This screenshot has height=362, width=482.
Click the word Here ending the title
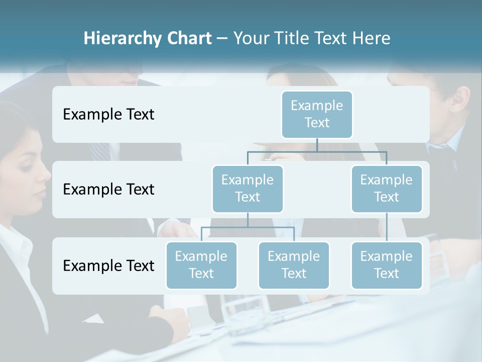(x=372, y=39)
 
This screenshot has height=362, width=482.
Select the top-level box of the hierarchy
(x=317, y=114)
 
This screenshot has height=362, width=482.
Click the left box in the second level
(x=248, y=189)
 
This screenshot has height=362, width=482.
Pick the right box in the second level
(x=387, y=189)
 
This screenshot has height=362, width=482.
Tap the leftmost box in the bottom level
(x=201, y=265)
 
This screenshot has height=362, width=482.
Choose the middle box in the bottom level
(x=294, y=265)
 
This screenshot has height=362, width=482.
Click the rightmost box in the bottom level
(x=387, y=265)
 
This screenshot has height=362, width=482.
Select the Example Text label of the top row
(x=108, y=115)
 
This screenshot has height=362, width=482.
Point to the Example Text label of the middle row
(x=108, y=190)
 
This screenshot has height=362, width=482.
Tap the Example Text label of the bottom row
(x=108, y=265)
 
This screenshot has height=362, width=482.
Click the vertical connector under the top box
(x=317, y=145)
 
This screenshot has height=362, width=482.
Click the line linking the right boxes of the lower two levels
(x=387, y=227)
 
